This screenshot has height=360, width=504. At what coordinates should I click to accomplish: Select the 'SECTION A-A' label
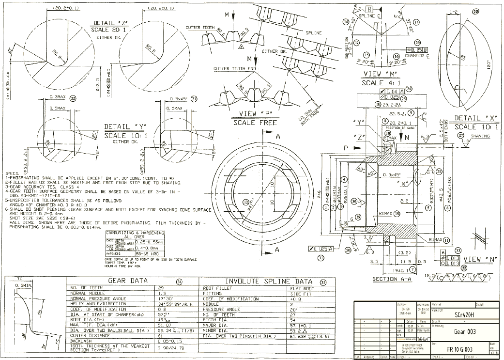[x=391, y=279]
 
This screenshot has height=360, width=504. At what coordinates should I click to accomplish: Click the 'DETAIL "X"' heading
[x=473, y=118]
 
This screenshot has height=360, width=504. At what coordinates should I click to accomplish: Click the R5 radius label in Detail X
[x=463, y=57]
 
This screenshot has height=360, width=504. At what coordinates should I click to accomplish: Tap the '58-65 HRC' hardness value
[x=149, y=253]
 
